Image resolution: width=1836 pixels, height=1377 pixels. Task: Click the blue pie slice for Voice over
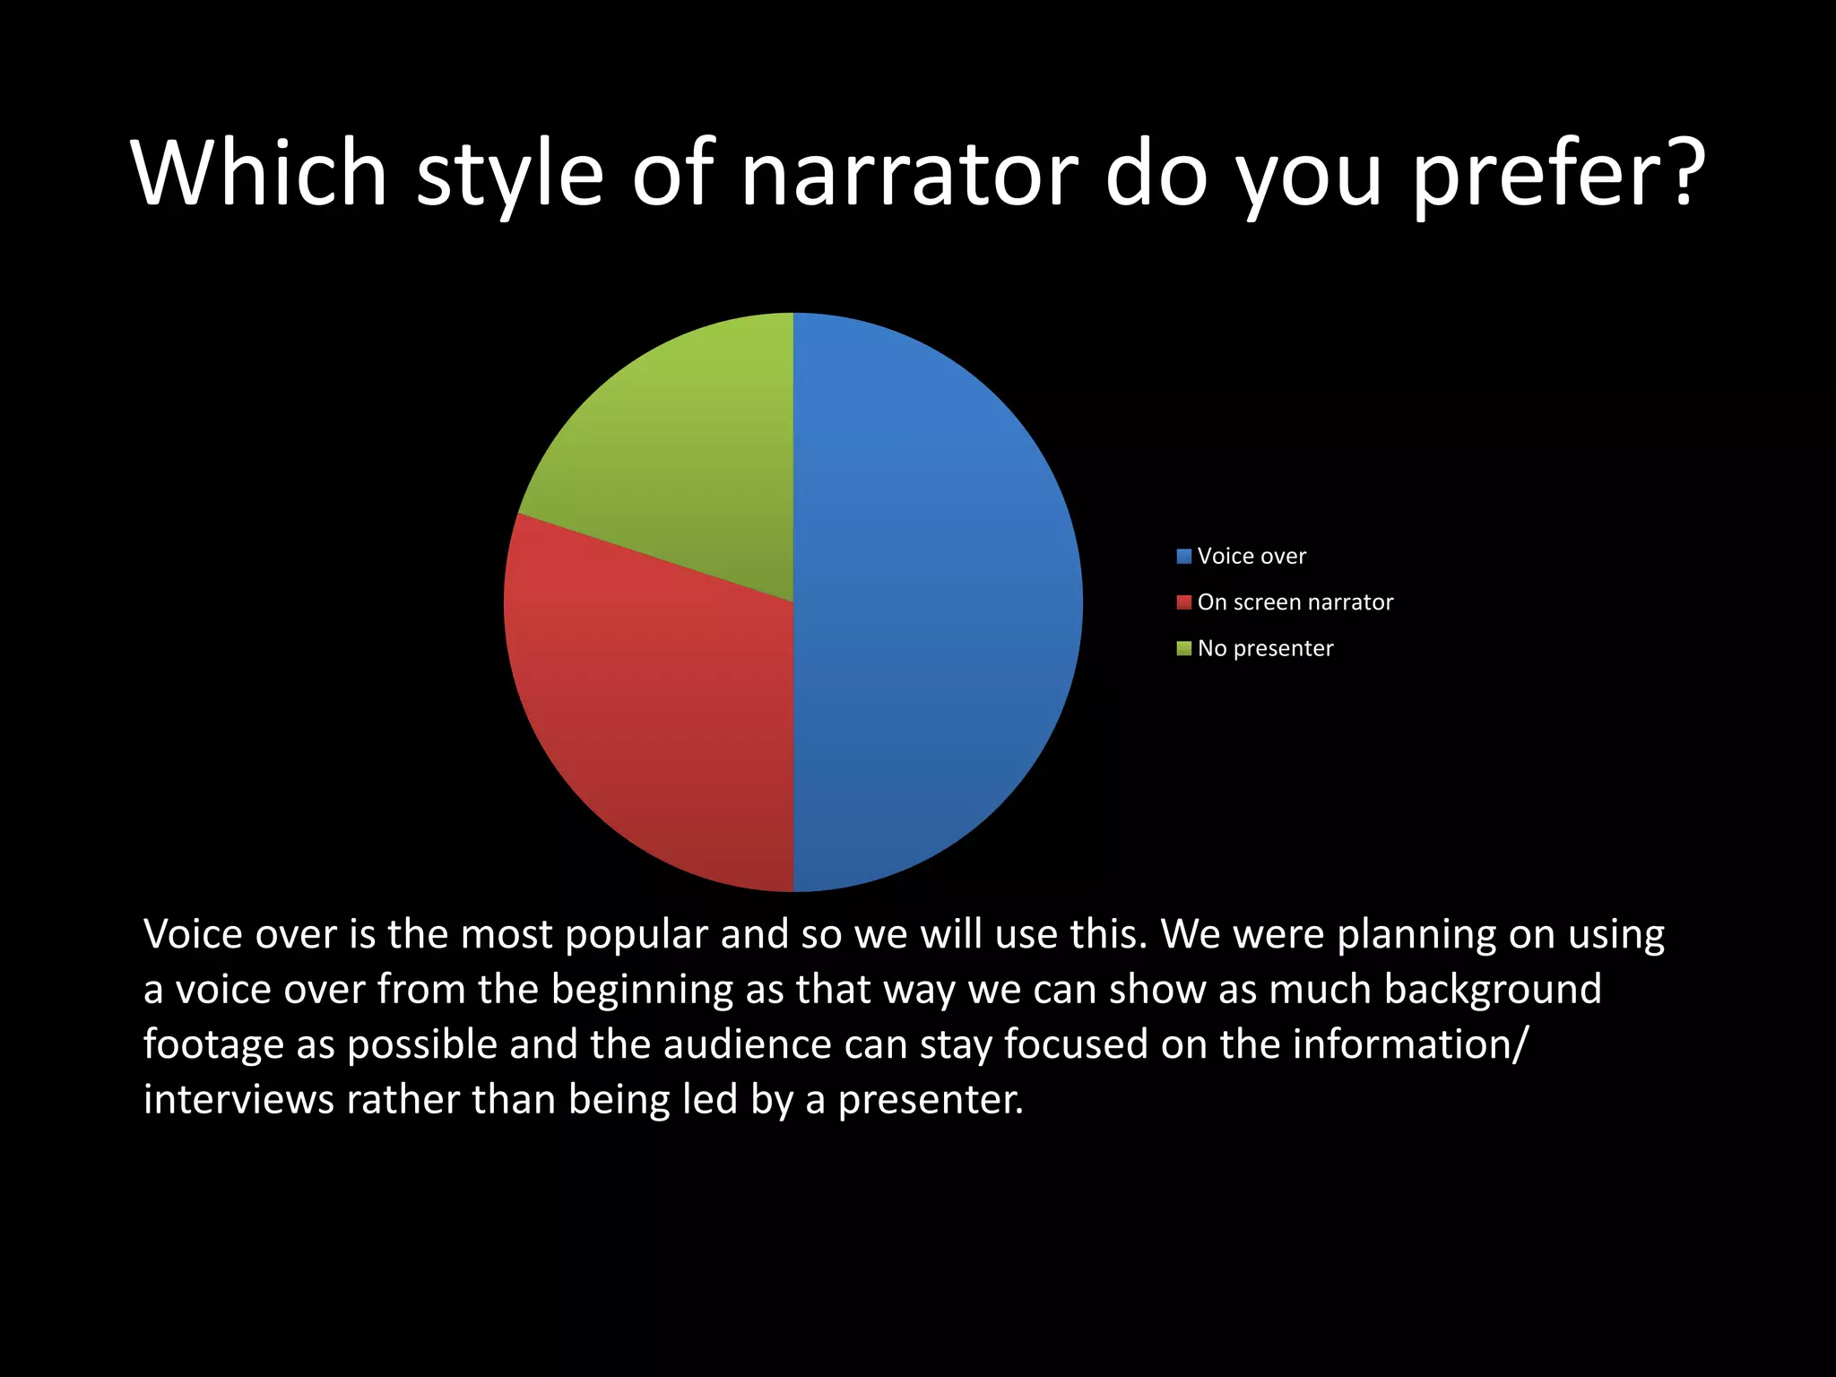(x=937, y=601)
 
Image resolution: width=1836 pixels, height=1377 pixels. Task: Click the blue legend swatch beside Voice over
(x=1183, y=557)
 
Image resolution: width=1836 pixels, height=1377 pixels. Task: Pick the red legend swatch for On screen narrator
(x=1183, y=602)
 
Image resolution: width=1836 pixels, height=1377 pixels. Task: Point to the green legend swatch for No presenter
(x=1183, y=648)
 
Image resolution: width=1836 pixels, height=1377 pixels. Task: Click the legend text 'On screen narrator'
(x=1295, y=602)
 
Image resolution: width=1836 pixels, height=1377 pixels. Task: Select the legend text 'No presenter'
(x=1265, y=648)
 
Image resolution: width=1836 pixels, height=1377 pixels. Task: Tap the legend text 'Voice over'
(x=1251, y=557)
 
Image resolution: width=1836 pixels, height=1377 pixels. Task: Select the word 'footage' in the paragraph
(x=213, y=1045)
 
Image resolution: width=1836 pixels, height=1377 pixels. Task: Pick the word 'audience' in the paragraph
(x=747, y=1045)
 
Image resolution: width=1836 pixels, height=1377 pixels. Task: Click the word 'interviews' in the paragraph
(x=238, y=1100)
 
